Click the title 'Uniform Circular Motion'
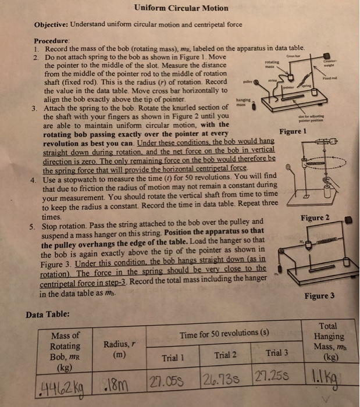pyautogui.click(x=181, y=8)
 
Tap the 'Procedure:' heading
pyautogui.click(x=52, y=42)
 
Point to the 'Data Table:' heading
pyautogui.click(x=49, y=315)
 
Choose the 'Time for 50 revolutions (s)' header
pyautogui.click(x=224, y=334)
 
